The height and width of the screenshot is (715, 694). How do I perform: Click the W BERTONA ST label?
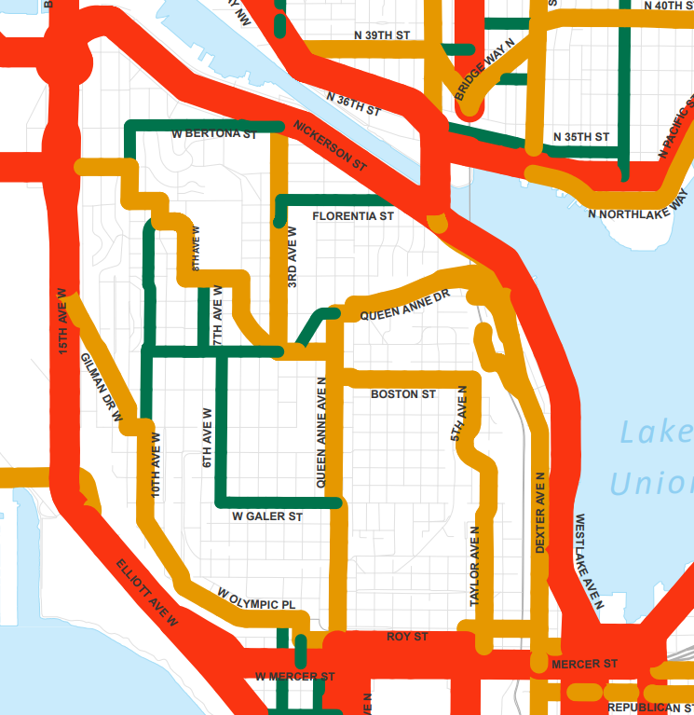tap(214, 134)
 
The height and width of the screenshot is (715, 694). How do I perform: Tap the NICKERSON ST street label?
tap(329, 144)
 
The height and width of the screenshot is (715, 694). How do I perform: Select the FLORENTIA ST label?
tap(353, 215)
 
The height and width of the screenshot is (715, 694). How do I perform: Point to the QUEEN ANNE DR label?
tap(405, 304)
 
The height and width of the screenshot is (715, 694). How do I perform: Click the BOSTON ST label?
tap(402, 394)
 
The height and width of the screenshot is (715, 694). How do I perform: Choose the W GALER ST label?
tap(267, 516)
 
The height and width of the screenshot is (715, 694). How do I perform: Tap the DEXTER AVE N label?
tap(539, 512)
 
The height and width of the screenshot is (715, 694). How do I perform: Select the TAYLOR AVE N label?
tap(475, 568)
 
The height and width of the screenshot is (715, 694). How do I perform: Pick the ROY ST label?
tap(407, 637)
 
